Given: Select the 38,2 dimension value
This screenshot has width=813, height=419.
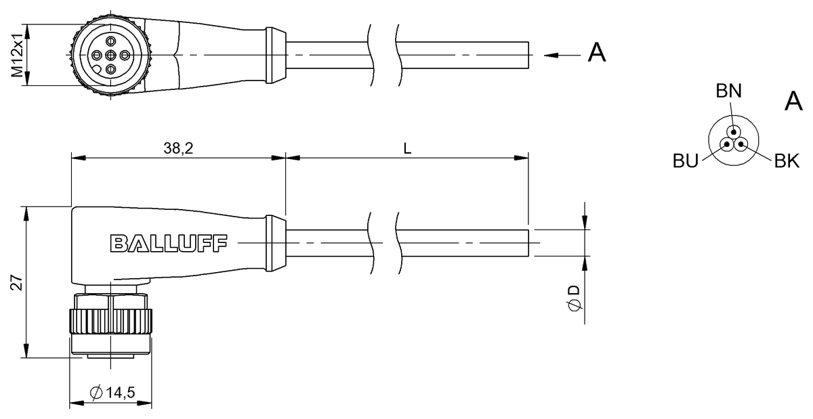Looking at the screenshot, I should tap(179, 148).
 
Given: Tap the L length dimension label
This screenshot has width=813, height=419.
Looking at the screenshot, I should tap(407, 148).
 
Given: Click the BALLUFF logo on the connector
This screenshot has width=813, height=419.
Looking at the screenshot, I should tap(169, 243).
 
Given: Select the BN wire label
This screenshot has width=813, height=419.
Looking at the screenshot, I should tap(729, 92).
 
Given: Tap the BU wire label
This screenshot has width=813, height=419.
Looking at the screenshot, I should tap(686, 160).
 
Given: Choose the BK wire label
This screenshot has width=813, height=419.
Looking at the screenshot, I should tap(787, 161).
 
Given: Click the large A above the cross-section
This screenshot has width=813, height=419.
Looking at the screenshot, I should tap(793, 102).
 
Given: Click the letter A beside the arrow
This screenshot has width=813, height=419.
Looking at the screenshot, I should tap(596, 53).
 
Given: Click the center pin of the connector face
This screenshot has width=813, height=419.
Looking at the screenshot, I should tap(111, 55).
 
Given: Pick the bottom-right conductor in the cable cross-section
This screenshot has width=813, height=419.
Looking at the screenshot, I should tap(741, 144).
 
